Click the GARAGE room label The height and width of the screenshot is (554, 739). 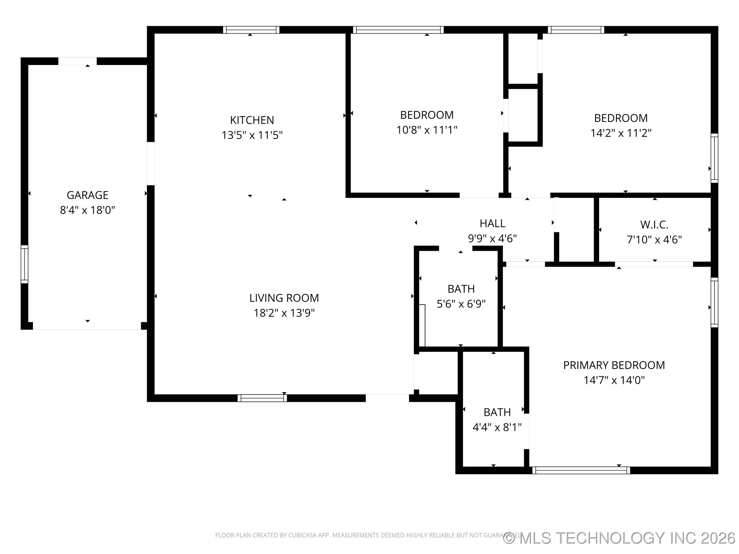tap(87, 195)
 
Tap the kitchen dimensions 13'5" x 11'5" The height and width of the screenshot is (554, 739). tap(252, 135)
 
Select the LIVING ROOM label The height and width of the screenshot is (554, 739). tap(284, 298)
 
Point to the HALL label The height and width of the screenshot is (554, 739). tap(492, 223)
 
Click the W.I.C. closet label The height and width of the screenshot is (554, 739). tap(654, 225)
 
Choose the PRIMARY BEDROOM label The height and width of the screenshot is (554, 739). tap(614, 365)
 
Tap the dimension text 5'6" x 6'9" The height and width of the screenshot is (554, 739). tap(461, 304)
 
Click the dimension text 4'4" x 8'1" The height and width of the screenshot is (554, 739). tap(497, 428)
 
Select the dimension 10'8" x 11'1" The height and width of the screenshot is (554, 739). tap(427, 130)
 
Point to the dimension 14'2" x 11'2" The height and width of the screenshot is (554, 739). tap(621, 133)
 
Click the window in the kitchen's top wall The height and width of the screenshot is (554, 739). tap(251, 30)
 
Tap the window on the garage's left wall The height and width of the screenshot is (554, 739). tap(24, 264)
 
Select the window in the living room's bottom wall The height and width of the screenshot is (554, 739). tap(262, 398)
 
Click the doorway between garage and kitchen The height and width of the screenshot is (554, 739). tap(151, 164)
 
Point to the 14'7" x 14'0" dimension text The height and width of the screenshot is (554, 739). tap(614, 380)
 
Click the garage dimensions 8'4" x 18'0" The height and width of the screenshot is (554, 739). tap(87, 210)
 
